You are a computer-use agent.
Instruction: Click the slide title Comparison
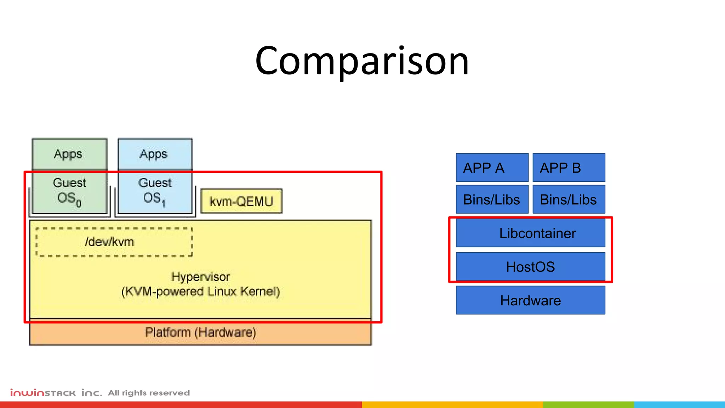point(362,61)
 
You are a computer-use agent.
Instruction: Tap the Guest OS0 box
point(69,193)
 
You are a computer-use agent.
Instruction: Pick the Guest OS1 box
point(155,193)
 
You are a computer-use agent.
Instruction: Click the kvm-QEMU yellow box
point(241,201)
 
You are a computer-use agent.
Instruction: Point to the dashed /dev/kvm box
point(114,242)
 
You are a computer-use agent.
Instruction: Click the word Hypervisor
point(200,277)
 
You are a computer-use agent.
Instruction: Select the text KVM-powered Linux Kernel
point(200,292)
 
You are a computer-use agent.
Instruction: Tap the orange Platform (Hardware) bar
point(200,332)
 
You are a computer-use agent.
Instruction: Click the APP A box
point(492,168)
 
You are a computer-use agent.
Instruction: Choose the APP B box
point(569,168)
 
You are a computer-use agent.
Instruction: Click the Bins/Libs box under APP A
point(492,199)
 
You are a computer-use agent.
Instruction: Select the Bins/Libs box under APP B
point(569,199)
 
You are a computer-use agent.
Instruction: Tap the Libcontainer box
point(530,233)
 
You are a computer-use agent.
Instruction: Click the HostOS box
point(530,266)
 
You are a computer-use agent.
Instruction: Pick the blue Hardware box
point(530,300)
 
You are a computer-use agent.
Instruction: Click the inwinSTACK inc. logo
point(56,393)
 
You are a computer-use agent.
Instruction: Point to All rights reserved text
point(149,393)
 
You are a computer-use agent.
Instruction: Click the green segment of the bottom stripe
point(588,404)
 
